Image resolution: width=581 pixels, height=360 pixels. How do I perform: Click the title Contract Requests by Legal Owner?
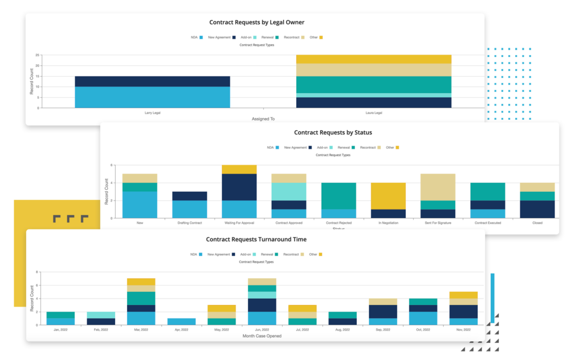[x=256, y=22]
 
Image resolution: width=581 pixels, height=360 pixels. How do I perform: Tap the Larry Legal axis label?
[x=152, y=112]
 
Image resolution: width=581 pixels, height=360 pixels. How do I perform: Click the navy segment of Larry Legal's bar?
[x=152, y=81]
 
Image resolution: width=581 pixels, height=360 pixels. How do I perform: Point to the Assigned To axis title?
[x=263, y=119]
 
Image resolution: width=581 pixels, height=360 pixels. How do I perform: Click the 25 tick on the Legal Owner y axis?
[x=37, y=55]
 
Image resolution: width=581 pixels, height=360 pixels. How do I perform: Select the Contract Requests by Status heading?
[x=332, y=132]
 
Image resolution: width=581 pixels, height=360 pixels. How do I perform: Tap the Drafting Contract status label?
[x=190, y=223]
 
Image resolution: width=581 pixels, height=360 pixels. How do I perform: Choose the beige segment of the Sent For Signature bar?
[x=438, y=187]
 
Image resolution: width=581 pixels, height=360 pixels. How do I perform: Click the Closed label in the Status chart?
[x=537, y=223]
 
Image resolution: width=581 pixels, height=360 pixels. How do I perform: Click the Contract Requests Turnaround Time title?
[x=256, y=240]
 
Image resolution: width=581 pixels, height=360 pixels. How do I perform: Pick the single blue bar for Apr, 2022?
[x=182, y=321]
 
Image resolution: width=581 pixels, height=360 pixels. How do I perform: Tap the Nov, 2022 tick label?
[x=463, y=329]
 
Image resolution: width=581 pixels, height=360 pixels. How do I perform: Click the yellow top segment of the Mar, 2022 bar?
[x=141, y=282]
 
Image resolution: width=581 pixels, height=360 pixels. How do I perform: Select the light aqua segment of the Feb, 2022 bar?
[x=100, y=315]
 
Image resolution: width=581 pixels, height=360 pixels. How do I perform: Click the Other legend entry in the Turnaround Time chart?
[x=315, y=255]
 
